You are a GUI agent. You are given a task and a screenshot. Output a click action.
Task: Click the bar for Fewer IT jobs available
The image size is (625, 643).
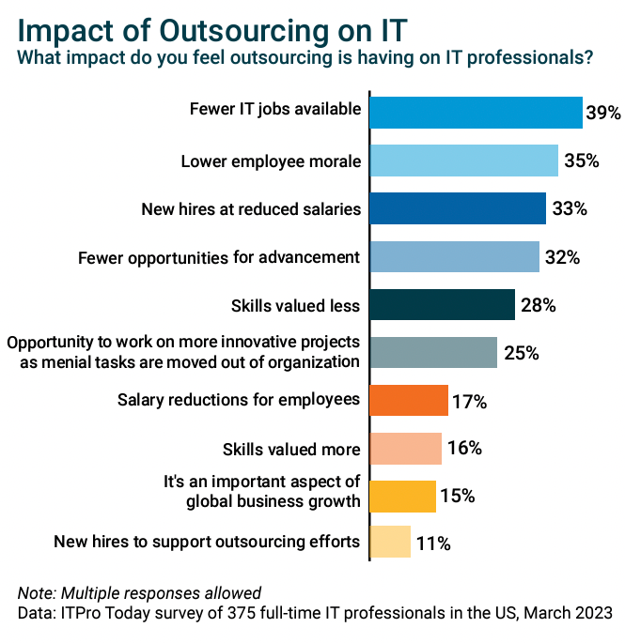point(476,112)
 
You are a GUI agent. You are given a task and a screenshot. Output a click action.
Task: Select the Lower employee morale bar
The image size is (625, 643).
point(464,161)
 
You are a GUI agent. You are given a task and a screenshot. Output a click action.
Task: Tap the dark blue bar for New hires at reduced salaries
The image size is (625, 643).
point(458,208)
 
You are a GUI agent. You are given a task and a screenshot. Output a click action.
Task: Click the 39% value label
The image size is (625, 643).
point(603,113)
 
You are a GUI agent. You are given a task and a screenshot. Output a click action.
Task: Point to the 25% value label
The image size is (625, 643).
point(520,354)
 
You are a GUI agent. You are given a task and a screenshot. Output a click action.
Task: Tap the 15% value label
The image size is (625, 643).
point(458,496)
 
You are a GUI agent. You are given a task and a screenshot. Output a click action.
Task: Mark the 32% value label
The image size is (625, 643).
point(562,257)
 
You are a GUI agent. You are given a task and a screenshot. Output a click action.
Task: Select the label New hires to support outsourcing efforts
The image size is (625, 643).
point(207,541)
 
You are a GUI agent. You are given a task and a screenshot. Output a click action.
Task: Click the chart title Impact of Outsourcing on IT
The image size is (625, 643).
point(212,29)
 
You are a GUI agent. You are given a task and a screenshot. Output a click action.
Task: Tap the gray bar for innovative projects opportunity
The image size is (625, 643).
point(433,352)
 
